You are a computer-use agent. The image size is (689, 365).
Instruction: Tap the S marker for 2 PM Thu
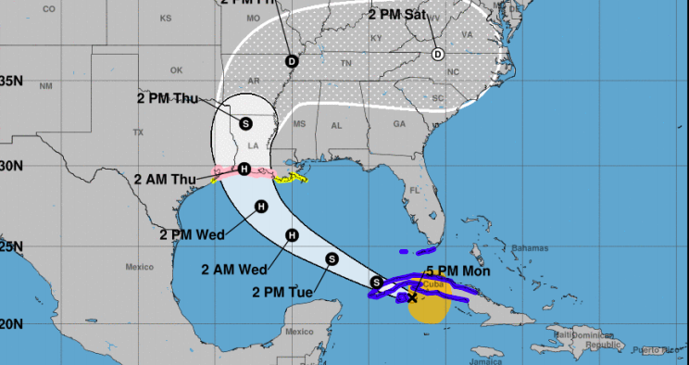click(x=245, y=122)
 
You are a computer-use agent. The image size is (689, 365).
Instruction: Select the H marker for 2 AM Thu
click(x=244, y=169)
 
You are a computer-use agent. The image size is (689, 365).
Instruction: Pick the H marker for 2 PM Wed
click(x=261, y=207)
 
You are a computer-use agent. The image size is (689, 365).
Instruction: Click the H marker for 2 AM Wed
click(x=292, y=236)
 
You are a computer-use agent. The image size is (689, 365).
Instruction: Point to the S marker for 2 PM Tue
click(x=332, y=258)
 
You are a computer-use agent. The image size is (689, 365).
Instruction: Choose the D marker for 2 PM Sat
click(x=438, y=54)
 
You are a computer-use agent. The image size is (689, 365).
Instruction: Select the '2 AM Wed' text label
click(x=233, y=270)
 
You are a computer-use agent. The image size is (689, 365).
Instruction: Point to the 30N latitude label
click(x=11, y=166)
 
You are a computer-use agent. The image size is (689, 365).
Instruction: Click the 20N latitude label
click(x=11, y=324)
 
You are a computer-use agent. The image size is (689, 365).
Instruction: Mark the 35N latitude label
click(x=11, y=81)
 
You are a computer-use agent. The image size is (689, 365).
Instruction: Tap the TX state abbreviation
click(x=139, y=132)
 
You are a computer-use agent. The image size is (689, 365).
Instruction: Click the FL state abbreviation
click(x=416, y=190)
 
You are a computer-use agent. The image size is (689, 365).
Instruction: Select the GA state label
click(x=399, y=124)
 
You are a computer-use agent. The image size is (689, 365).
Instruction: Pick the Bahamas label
click(x=529, y=248)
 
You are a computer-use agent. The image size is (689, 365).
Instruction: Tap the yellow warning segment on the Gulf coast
click(x=294, y=176)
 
